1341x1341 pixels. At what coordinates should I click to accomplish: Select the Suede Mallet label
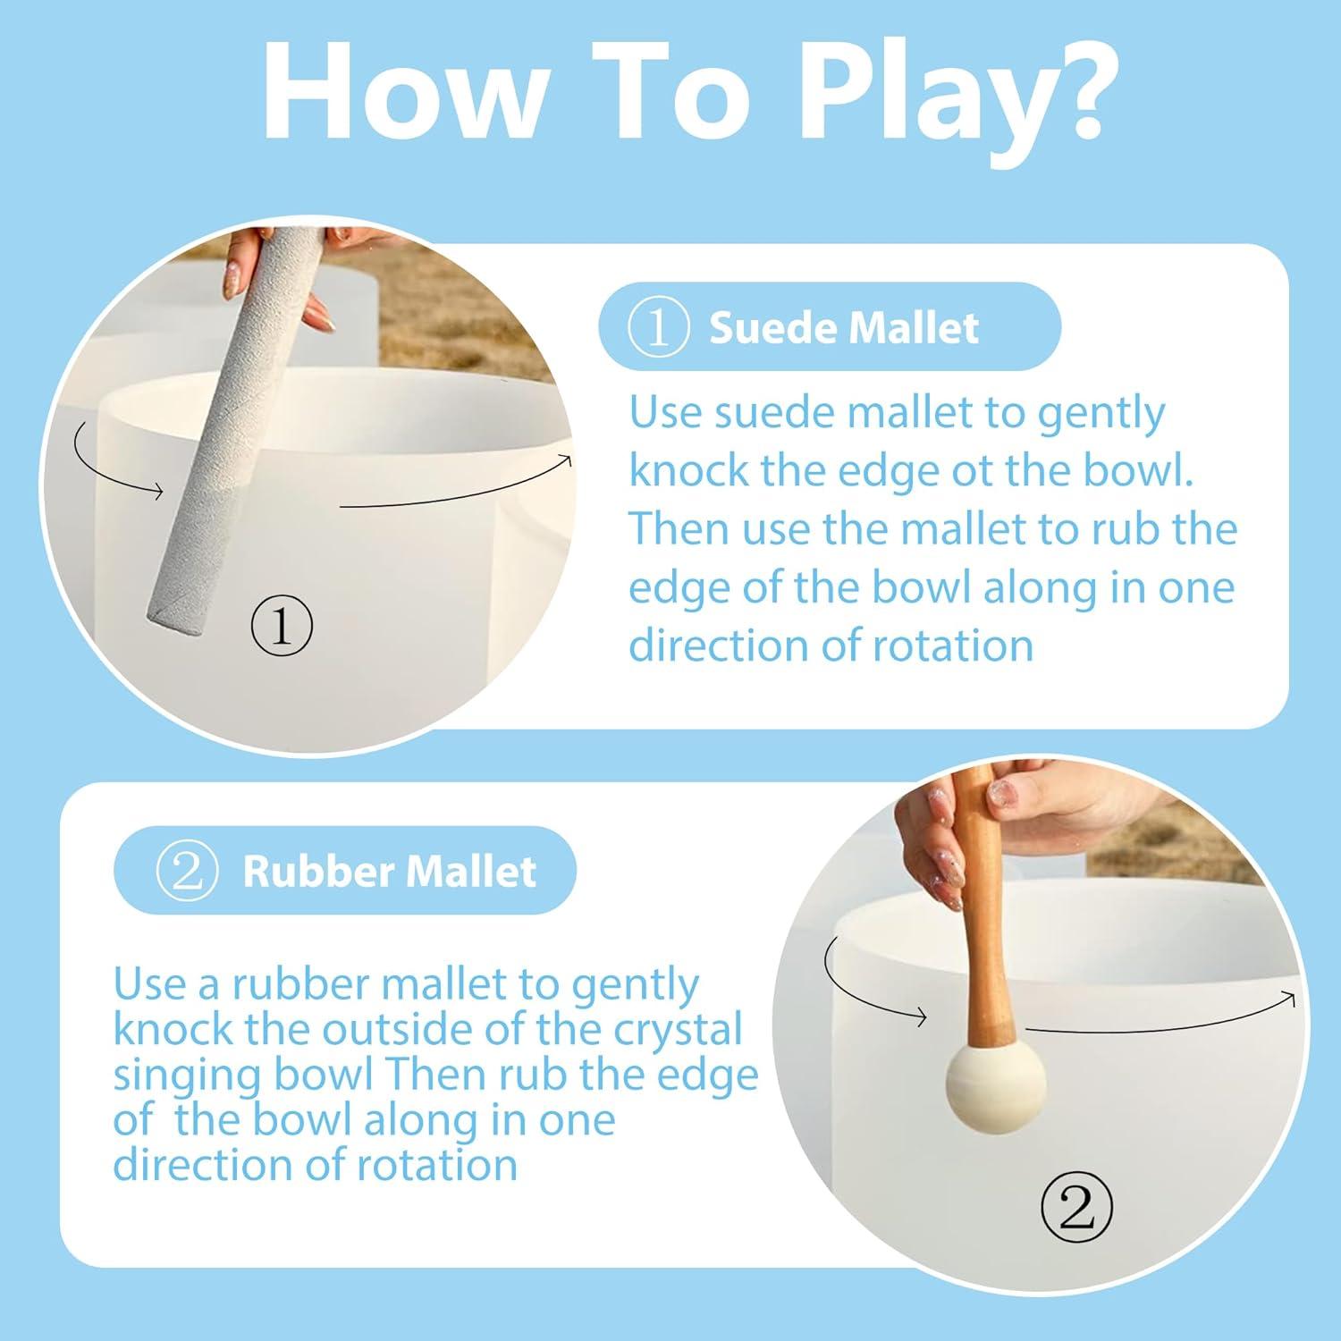coord(844,327)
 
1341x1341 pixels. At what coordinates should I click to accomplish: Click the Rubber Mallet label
coord(389,871)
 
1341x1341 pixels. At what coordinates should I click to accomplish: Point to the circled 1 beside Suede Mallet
coord(659,327)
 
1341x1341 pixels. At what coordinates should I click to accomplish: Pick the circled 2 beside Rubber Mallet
coord(187,871)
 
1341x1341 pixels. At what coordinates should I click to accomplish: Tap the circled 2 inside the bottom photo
coord(1076,1209)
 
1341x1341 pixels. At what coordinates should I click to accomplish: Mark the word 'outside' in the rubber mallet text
coord(383,1029)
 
